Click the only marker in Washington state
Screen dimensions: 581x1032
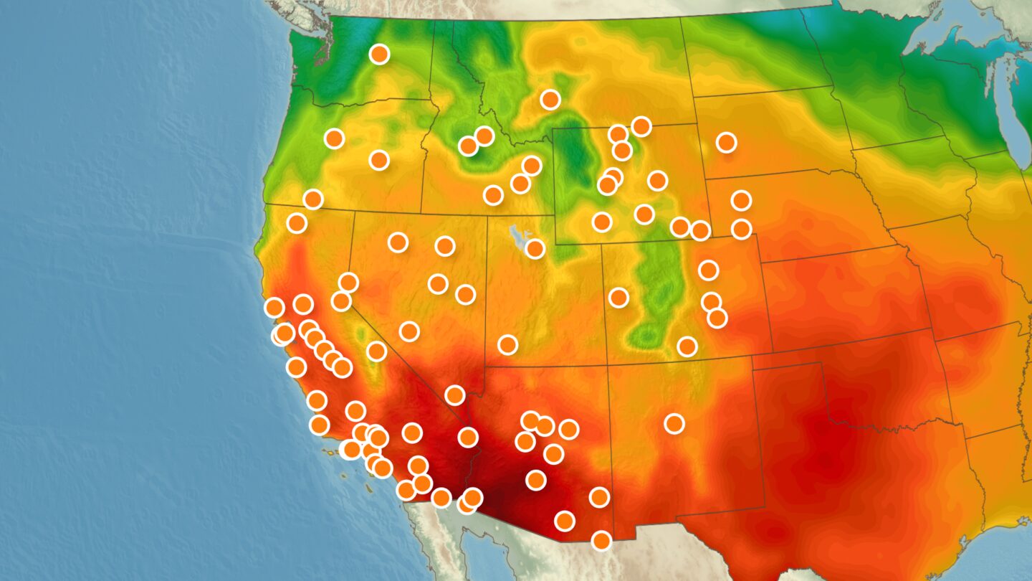[379, 54]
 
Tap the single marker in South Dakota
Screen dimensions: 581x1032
[726, 142]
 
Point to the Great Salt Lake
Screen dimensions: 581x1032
[514, 234]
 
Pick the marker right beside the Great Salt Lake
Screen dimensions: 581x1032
[535, 249]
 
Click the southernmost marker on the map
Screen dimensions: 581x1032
[601, 540]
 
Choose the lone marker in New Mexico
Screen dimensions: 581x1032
[674, 424]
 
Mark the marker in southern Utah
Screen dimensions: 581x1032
[507, 344]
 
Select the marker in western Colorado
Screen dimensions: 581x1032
[618, 297]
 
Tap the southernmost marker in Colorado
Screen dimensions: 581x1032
[687, 346]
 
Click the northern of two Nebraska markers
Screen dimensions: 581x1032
[741, 200]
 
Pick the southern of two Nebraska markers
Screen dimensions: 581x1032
[741, 229]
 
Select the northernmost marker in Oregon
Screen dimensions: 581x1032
[334, 138]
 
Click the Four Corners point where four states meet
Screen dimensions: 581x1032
[607, 365]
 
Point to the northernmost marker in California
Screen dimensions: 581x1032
[296, 223]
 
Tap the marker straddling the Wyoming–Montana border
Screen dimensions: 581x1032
[618, 134]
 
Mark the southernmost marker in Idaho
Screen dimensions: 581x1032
[492, 194]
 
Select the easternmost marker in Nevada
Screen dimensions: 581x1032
[465, 294]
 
